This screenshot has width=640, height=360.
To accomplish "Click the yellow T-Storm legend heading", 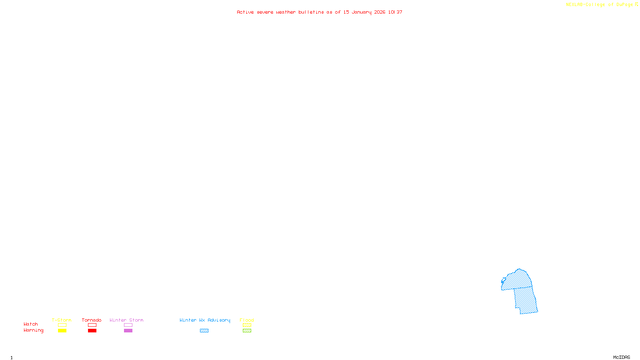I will click(x=62, y=320).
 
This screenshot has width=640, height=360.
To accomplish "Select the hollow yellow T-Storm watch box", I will click(x=62, y=325).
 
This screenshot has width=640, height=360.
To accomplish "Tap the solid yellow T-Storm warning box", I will click(x=62, y=331).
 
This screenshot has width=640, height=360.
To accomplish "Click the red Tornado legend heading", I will click(x=92, y=320).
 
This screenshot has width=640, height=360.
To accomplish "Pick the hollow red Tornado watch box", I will click(x=92, y=325).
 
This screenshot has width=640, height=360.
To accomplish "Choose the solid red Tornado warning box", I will click(x=92, y=331).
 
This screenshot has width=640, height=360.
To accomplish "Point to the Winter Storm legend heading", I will click(x=126, y=320).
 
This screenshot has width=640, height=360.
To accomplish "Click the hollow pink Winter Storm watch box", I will click(x=128, y=325).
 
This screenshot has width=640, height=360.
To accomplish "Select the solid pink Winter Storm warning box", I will click(x=128, y=331).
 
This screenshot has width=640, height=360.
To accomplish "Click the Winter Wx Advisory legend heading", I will click(x=205, y=320).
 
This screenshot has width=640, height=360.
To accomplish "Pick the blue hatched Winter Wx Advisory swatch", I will click(x=204, y=331).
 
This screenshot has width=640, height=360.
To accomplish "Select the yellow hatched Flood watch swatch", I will click(x=247, y=325).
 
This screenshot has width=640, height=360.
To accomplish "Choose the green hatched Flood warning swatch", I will click(x=247, y=331).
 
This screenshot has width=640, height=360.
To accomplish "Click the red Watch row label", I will click(x=31, y=324).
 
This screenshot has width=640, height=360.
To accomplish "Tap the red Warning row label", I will click(x=33, y=330).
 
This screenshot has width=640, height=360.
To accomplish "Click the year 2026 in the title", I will click(x=380, y=12).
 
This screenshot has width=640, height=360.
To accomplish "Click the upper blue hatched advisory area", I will click(x=518, y=280).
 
